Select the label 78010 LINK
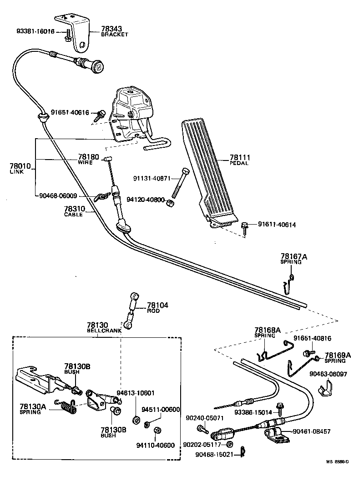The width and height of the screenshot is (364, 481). (x=20, y=169)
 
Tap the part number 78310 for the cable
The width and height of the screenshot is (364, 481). (x=74, y=209)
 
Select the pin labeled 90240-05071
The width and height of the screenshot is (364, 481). (x=202, y=428)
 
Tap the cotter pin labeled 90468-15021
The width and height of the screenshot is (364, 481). (x=243, y=453)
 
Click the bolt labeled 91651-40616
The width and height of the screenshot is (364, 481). (x=100, y=115)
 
